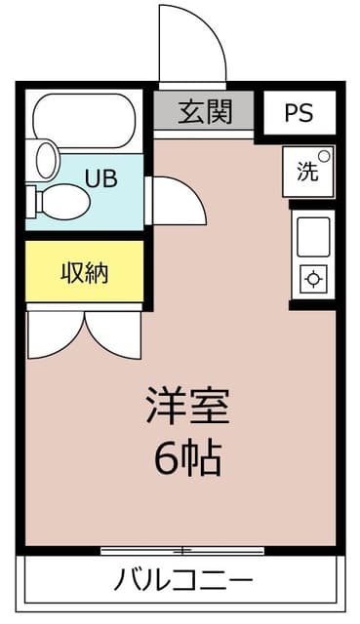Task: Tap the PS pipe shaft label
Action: click(x=300, y=112)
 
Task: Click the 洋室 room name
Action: click(x=187, y=408)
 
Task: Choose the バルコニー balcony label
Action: click(x=183, y=581)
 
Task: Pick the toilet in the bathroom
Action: click(x=60, y=201)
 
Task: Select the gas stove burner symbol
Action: click(x=313, y=280)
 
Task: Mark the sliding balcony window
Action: click(x=181, y=551)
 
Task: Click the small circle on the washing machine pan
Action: click(x=325, y=155)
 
